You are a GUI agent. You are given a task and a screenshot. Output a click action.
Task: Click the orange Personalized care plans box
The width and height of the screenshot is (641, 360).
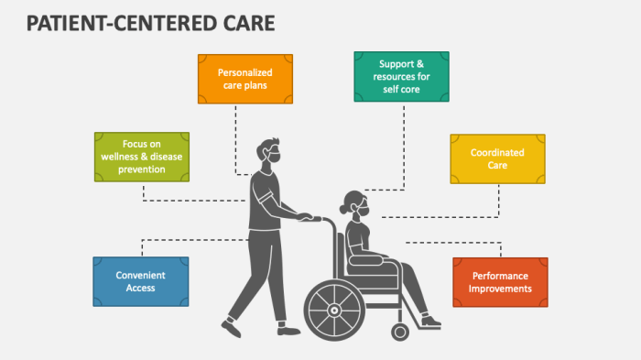(245, 78)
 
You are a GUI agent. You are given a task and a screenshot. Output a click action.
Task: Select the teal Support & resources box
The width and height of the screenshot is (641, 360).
(402, 77)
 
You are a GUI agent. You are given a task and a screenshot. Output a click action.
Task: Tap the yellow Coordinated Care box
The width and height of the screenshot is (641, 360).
(497, 158)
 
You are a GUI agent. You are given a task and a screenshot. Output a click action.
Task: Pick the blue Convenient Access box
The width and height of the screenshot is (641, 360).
(141, 281)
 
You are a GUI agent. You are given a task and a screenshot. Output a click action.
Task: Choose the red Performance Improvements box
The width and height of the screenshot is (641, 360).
(500, 281)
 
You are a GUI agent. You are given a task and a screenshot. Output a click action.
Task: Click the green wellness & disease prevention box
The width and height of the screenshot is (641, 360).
(142, 156)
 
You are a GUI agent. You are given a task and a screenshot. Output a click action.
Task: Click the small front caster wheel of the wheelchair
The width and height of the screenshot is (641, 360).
(400, 331)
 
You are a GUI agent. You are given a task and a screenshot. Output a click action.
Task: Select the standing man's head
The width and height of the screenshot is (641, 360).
(266, 151)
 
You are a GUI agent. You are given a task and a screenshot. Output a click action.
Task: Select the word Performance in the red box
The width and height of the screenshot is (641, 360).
(500, 276)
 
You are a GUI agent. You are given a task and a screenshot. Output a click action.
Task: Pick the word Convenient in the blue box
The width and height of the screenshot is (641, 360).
(141, 275)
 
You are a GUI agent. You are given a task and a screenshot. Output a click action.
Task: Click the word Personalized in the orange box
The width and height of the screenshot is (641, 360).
(245, 71)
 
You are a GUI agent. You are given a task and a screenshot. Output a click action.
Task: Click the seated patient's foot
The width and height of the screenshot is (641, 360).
(430, 322)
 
